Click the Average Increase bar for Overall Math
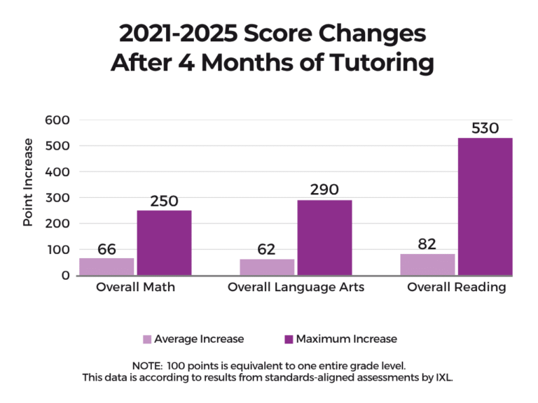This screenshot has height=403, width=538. pyautogui.click(x=106, y=267)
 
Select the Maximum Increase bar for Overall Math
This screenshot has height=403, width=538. pyautogui.click(x=164, y=243)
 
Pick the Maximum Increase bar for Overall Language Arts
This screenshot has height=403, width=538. pyautogui.click(x=324, y=238)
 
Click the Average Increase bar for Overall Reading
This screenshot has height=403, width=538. pyautogui.click(x=427, y=264)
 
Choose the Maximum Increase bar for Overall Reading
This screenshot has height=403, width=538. pyautogui.click(x=485, y=206)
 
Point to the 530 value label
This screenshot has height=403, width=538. pyautogui.click(x=485, y=128)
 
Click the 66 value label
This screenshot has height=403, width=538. pyautogui.click(x=106, y=249)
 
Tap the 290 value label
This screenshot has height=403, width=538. pyautogui.click(x=324, y=190)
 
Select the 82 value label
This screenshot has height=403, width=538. pyautogui.click(x=427, y=244)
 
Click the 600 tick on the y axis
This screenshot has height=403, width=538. pyautogui.click(x=57, y=120)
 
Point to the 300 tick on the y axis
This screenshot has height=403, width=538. pyautogui.click(x=57, y=197)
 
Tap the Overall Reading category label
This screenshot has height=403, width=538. pyautogui.click(x=457, y=288)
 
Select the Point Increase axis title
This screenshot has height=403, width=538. pyautogui.click(x=28, y=182)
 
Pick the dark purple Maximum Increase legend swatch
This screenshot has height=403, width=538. pyautogui.click(x=289, y=339)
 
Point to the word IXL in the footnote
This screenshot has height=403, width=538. pyautogui.click(x=443, y=377)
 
